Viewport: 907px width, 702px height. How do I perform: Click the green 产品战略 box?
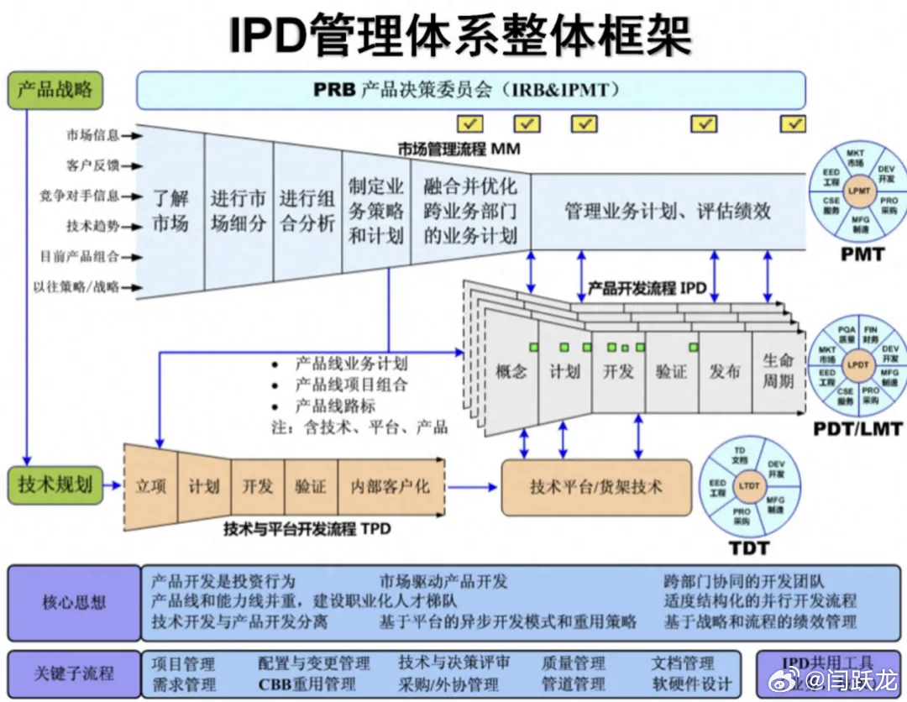coord(55,90)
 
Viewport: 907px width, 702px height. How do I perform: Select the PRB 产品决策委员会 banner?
coord(470,90)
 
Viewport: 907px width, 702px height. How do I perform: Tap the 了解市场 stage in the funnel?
coord(170,212)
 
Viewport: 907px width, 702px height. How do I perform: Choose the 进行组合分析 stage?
coord(307,212)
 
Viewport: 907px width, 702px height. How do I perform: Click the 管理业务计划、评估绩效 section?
coord(668,211)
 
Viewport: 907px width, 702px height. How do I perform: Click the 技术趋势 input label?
coord(93,226)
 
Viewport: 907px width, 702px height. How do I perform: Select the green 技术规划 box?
coord(55,485)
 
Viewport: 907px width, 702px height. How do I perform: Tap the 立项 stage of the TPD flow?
coord(150,486)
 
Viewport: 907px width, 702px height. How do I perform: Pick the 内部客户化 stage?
coord(390,486)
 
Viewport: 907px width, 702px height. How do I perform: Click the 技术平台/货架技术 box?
coord(596,487)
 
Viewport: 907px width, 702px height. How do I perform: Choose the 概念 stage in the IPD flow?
coord(511,371)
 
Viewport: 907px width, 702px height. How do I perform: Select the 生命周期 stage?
coord(778,370)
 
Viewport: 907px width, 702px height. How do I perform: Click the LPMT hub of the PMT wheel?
coord(858,191)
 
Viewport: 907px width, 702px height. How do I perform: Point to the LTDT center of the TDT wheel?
coord(748,486)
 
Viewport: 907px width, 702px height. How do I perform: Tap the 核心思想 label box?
coord(75,601)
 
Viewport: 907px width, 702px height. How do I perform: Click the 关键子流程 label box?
coord(75,673)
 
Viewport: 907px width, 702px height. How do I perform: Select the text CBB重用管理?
coord(307,684)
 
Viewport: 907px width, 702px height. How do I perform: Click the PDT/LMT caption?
coord(857,429)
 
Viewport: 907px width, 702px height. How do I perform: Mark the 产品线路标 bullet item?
coord(335,406)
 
